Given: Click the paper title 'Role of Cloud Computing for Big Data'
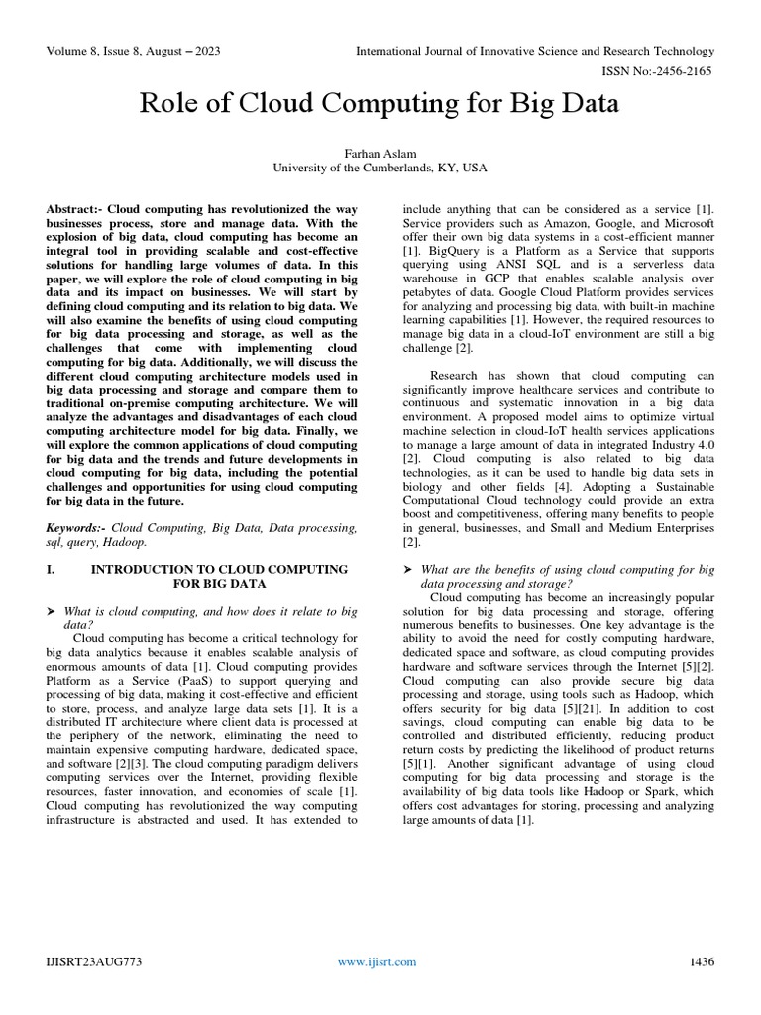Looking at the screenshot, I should (x=380, y=103).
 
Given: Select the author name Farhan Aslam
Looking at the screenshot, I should (x=380, y=154).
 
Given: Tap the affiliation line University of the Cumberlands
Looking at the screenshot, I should (x=380, y=169).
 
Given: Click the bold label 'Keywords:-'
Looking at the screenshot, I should (x=76, y=528).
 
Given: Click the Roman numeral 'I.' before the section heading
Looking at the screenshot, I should (x=52, y=570).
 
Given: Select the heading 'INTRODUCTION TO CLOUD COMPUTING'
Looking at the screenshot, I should (x=219, y=570).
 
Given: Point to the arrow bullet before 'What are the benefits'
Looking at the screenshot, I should (x=407, y=570).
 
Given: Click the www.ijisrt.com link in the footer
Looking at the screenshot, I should (x=378, y=962).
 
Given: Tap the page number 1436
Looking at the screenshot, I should (x=701, y=962).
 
